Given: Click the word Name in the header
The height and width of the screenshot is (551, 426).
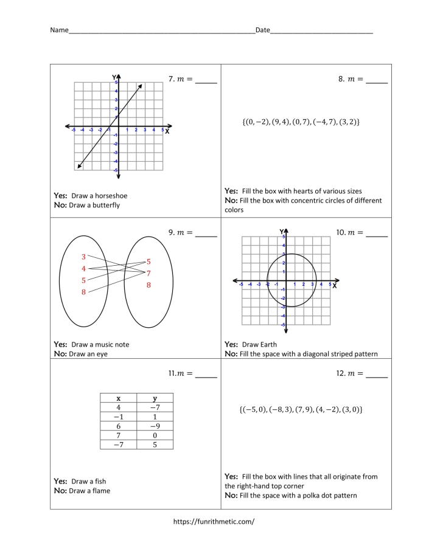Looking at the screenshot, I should [x=59, y=30].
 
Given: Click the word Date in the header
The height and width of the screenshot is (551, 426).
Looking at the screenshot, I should [x=262, y=30].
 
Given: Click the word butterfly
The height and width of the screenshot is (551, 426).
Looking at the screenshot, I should [x=105, y=206].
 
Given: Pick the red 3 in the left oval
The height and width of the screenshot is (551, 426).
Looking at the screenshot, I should [x=83, y=257].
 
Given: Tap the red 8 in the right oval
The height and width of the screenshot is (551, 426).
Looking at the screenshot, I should [x=148, y=285].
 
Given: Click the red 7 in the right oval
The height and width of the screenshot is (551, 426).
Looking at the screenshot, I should [x=148, y=273].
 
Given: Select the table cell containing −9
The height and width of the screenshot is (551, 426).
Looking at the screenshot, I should [x=155, y=426].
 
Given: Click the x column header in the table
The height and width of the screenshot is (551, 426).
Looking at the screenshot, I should [x=118, y=398].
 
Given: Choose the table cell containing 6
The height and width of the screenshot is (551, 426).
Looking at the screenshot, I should [x=118, y=426].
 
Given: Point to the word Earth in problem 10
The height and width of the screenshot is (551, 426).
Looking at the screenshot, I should [x=268, y=344].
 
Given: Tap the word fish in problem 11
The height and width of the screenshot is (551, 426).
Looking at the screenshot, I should [x=99, y=481].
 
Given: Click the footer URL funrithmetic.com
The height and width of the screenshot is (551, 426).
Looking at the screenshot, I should [x=214, y=521].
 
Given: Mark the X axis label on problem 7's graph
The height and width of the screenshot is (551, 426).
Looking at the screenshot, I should [x=167, y=131].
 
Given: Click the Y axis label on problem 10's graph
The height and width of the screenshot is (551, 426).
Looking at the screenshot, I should [x=281, y=232].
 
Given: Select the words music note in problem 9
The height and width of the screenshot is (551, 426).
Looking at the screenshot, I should [x=111, y=344].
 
